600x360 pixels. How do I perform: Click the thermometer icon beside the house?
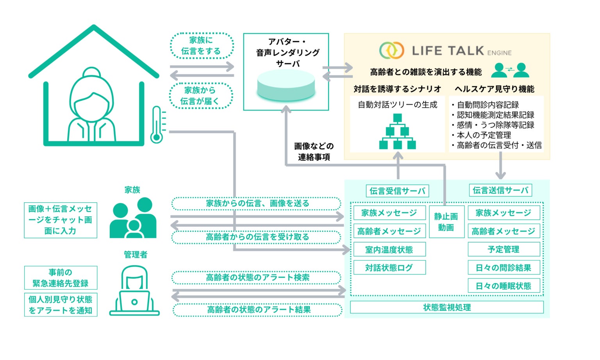pyautogui.click(x=157, y=125)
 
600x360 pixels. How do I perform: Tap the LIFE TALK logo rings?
pyautogui.click(x=392, y=50)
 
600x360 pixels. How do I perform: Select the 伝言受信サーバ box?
pyautogui.click(x=397, y=191)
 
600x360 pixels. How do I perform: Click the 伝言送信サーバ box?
pyautogui.click(x=500, y=190)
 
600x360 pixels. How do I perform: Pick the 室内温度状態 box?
pyautogui.click(x=389, y=250)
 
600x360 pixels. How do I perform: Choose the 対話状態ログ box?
pyautogui.click(x=389, y=267)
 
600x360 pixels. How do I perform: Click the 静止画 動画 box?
pyautogui.click(x=446, y=222)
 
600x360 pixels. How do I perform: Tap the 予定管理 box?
pyautogui.click(x=504, y=249)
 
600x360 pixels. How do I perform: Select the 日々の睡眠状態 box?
pyautogui.click(x=504, y=285)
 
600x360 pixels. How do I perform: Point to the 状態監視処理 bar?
pyautogui.click(x=447, y=307)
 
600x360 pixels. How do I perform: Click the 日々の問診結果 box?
pyautogui.click(x=504, y=267)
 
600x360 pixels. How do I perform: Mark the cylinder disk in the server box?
pyautogui.click(x=286, y=85)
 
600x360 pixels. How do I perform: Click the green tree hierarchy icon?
pyautogui.click(x=398, y=132)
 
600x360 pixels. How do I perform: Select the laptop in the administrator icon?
pyautogui.click(x=134, y=303)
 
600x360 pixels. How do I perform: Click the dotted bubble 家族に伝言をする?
pyautogui.click(x=202, y=46)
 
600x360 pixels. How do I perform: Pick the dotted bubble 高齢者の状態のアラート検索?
pyautogui.click(x=256, y=278)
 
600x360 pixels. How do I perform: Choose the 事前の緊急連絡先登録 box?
pyautogui.click(x=61, y=278)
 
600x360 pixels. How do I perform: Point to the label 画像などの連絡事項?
pyautogui.click(x=314, y=151)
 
